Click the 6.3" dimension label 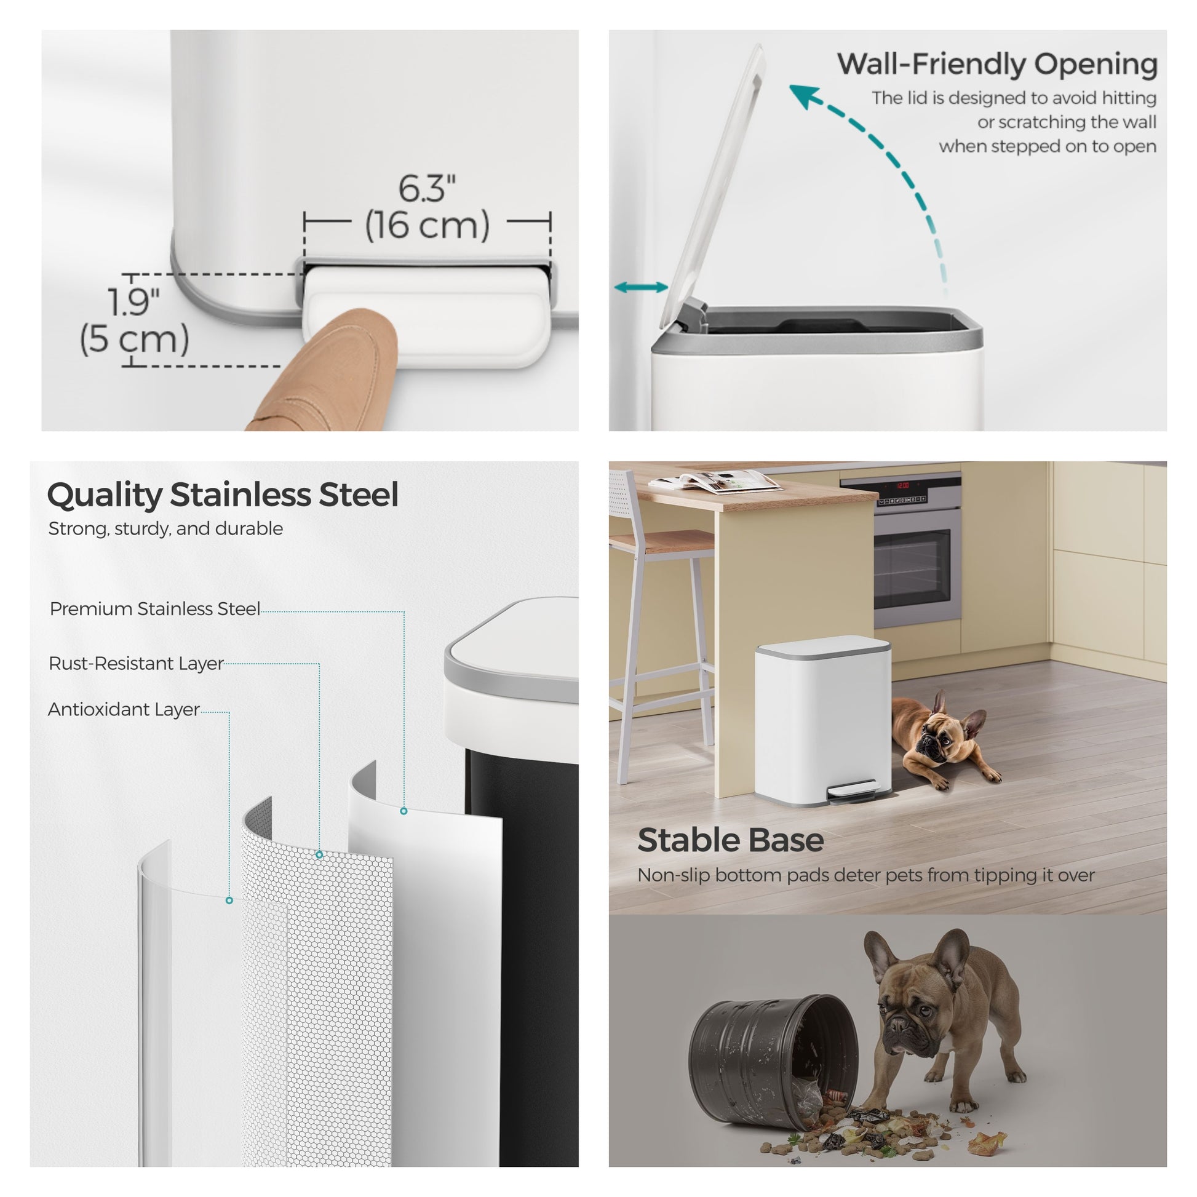[x=427, y=188]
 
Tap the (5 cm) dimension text [x=135, y=340]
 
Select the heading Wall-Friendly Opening [x=997, y=65]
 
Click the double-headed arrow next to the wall [x=641, y=287]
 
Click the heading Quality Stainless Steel [x=223, y=496]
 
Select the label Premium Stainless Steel [x=155, y=609]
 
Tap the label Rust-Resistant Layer [x=137, y=664]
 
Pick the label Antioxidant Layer [x=124, y=709]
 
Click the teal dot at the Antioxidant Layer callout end [x=229, y=901]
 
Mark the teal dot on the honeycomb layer [x=319, y=854]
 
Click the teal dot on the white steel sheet [x=404, y=811]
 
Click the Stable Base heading [x=731, y=840]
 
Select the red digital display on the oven [x=902, y=485]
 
